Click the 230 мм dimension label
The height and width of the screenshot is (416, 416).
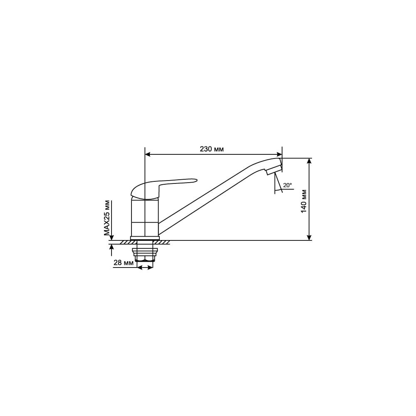click(211, 149)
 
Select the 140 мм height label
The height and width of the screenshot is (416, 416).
click(304, 201)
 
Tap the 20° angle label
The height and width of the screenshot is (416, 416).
click(287, 185)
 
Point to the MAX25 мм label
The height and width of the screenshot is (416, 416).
click(106, 218)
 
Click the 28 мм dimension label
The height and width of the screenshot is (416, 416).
click(124, 262)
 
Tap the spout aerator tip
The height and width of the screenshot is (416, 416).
click(274, 169)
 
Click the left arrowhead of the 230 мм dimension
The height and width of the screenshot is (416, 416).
click(148, 154)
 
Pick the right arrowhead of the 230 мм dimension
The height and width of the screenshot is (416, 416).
click(279, 154)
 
